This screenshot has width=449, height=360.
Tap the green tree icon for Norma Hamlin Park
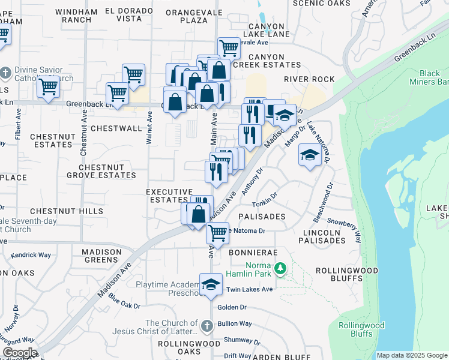(x=279, y=268)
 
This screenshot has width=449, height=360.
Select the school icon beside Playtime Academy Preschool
(x=211, y=284)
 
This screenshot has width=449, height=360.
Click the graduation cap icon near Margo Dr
(x=309, y=155)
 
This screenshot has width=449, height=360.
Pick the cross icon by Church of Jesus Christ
(x=206, y=326)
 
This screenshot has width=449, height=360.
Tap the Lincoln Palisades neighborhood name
(x=316, y=236)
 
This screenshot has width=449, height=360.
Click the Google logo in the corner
(x=19, y=353)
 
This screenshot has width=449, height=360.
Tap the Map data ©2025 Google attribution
(x=411, y=355)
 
